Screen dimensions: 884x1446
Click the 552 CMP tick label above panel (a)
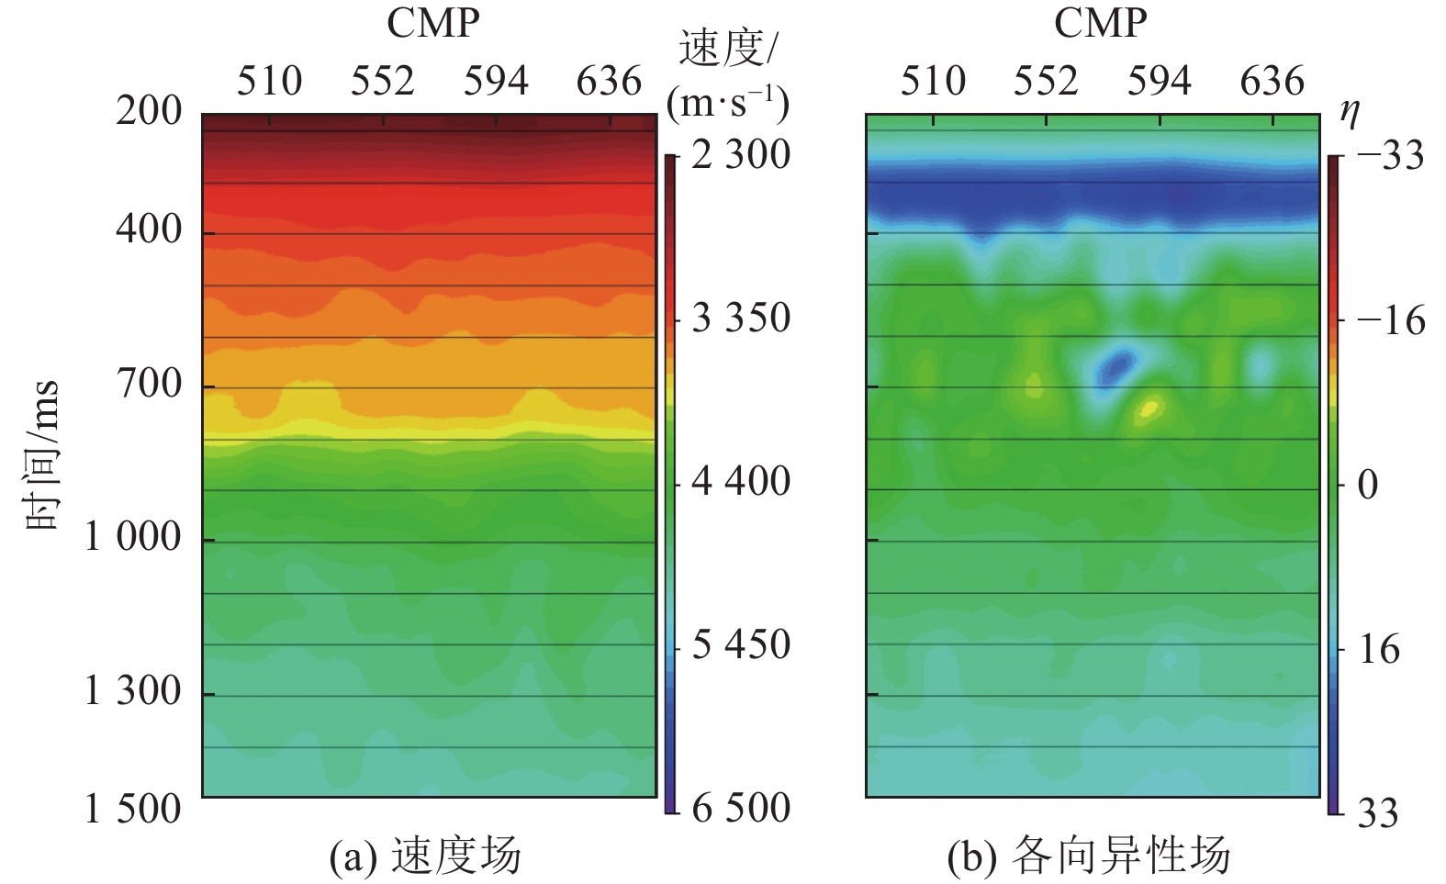pyautogui.click(x=383, y=82)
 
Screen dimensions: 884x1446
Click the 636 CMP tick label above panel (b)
pyautogui.click(x=1272, y=82)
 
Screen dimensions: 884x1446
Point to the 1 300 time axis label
pyautogui.click(x=134, y=691)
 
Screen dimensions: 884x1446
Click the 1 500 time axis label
pyautogui.click(x=134, y=809)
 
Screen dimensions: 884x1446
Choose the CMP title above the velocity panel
pyautogui.click(x=432, y=24)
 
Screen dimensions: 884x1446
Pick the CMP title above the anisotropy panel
pyautogui.click(x=1100, y=24)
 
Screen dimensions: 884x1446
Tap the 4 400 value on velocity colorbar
pyautogui.click(x=741, y=481)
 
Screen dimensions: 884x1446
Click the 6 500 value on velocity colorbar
pyautogui.click(x=741, y=809)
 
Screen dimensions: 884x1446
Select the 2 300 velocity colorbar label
pyautogui.click(x=741, y=155)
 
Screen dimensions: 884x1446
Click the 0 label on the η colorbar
pyautogui.click(x=1368, y=485)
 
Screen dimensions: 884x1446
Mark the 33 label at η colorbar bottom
pyautogui.click(x=1377, y=813)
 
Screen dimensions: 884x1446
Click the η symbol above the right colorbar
pyautogui.click(x=1350, y=112)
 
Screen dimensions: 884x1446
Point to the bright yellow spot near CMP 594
pyautogui.click(x=1149, y=407)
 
